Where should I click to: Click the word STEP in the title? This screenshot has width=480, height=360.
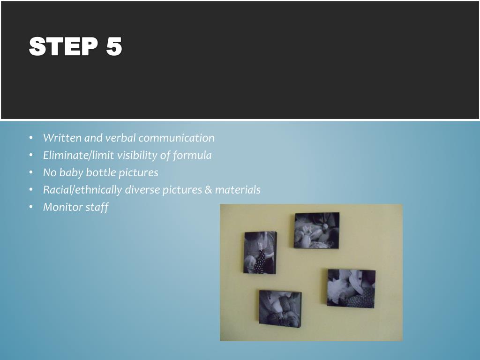coord(63,46)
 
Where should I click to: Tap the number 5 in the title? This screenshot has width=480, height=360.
coord(114,46)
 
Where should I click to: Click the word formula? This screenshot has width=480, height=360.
coord(192,156)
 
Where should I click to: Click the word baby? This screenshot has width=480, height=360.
coord(71,173)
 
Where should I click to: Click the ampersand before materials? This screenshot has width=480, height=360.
coord(208,190)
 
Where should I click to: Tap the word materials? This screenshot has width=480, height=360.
coord(238,190)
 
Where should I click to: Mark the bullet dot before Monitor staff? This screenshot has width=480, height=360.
coord(31,207)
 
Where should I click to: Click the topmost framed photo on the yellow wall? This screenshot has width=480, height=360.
coord(316,231)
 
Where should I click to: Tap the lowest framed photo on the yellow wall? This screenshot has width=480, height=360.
coord(280,309)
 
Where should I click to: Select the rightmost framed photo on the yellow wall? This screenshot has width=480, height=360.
coord(351,288)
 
